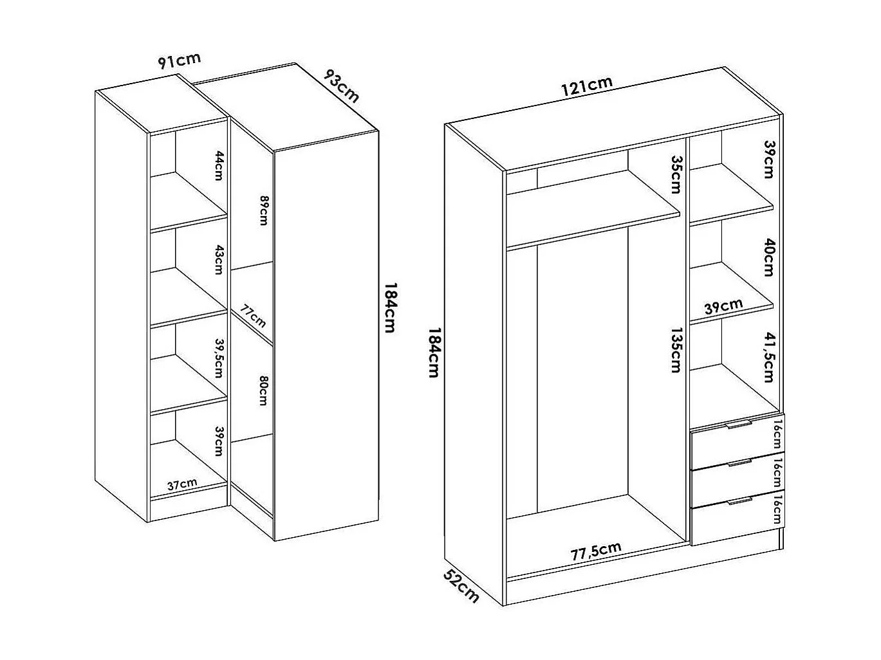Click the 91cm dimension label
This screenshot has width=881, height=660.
coord(179,60)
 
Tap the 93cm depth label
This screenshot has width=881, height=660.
coord(341,86)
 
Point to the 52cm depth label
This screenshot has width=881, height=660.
coord(461,587)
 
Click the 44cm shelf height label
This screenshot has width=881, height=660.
coord(219,166)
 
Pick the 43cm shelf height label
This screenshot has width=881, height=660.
coord(219,260)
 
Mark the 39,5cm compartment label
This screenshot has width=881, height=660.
coord(219,358)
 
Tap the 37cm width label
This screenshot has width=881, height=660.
coord(182,484)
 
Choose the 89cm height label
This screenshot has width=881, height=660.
coord(263,210)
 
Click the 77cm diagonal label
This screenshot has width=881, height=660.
coord(253,316)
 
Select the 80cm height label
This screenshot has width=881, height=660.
coord(263,390)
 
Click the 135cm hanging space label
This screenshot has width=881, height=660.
coord(676,350)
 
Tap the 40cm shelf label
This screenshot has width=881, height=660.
coord(768,257)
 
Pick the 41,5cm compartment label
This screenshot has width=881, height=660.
coord(768,357)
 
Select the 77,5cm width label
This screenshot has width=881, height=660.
coord(596,551)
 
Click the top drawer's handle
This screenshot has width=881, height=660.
coord(739,425)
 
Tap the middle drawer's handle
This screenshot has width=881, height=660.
coord(739,463)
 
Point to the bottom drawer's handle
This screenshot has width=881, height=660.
coord(739,501)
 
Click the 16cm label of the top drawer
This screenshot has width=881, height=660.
coord(777,434)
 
